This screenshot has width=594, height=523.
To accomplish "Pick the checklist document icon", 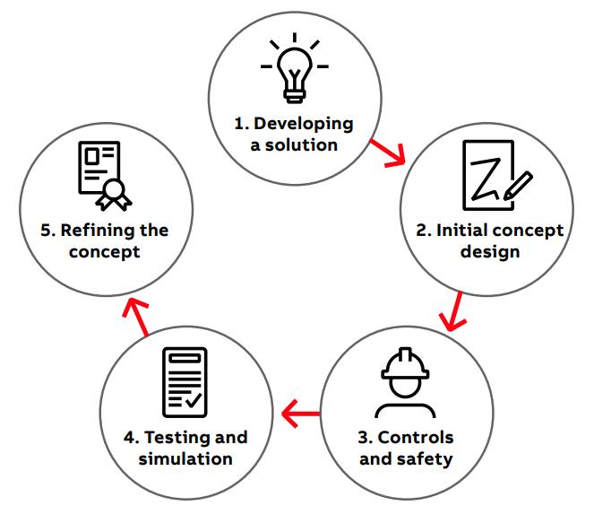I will tap(184, 382).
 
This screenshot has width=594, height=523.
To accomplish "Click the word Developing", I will tap(306, 124).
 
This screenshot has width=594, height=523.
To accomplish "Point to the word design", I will tap(490, 251).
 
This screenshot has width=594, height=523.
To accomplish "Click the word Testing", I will tap(178, 438).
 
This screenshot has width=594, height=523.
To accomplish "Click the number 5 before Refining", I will tap(46, 230).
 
